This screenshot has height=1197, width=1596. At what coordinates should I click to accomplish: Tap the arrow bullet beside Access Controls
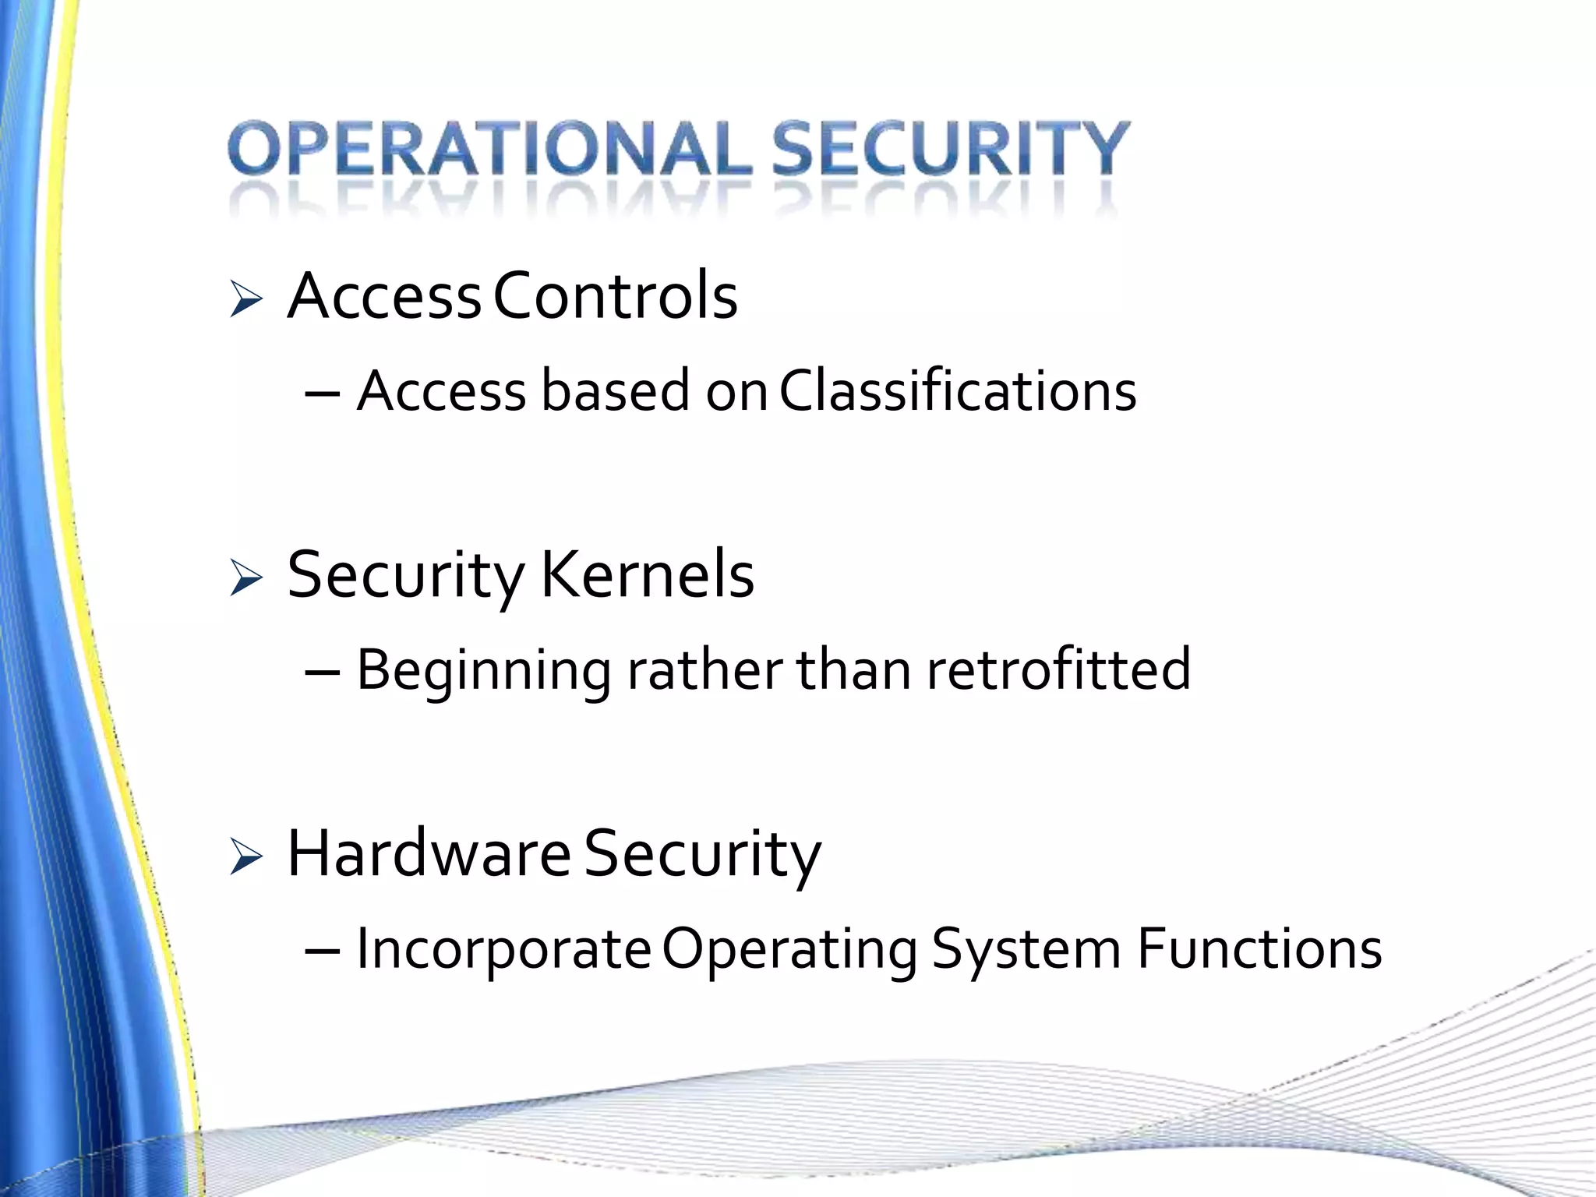tap(246, 300)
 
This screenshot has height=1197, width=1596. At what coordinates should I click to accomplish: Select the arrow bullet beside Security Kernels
tap(246, 579)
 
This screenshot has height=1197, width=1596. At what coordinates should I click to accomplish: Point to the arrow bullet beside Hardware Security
tap(246, 858)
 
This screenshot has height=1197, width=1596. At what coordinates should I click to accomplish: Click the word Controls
tap(616, 296)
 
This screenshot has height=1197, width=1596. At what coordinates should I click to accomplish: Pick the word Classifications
tap(958, 390)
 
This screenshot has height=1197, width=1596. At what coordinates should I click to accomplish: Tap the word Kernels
tap(647, 575)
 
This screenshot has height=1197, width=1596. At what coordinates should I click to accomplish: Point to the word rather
tap(704, 669)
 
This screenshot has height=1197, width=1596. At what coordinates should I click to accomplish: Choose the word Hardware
tap(429, 854)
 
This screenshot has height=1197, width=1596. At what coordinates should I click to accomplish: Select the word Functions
tap(1259, 949)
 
